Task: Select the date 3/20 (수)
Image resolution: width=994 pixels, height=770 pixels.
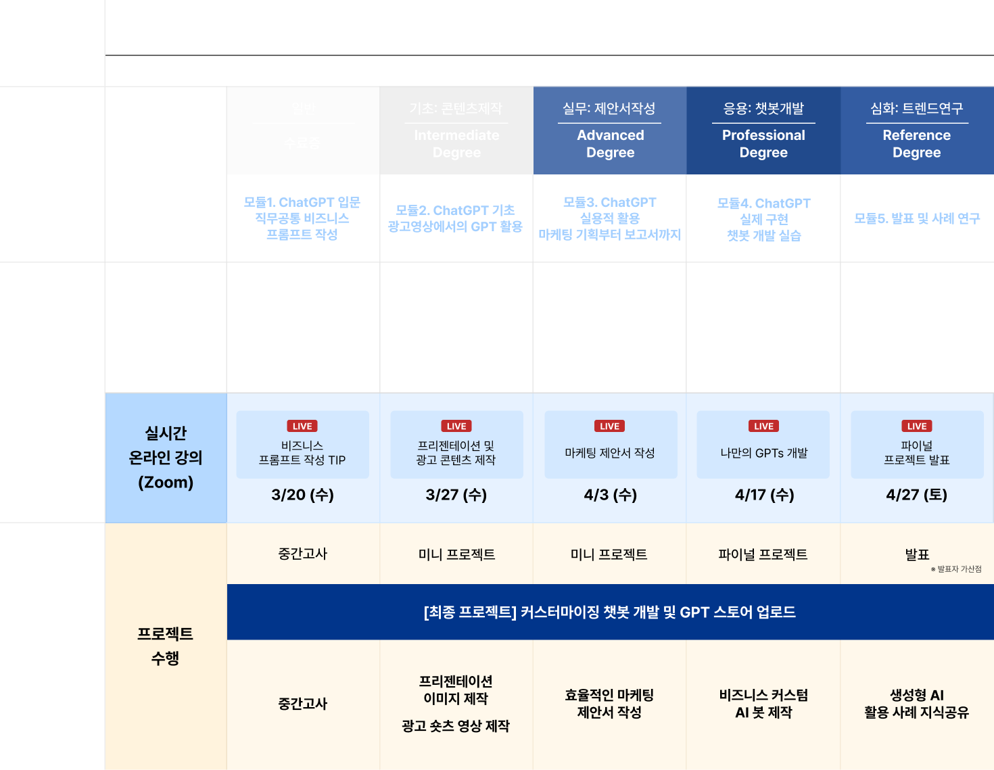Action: [x=302, y=495]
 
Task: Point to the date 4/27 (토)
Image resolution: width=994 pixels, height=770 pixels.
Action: [x=916, y=495]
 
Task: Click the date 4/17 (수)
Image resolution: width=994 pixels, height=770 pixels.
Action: [x=764, y=495]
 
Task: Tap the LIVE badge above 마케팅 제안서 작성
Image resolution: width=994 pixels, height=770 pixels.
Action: [x=609, y=426]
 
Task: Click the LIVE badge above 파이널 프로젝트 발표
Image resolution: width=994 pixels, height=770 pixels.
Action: [x=916, y=426]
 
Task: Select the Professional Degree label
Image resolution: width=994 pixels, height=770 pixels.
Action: [x=763, y=143]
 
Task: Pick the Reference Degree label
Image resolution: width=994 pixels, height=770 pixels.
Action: [x=916, y=143]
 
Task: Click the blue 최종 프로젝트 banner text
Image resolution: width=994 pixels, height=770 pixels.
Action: [x=609, y=612]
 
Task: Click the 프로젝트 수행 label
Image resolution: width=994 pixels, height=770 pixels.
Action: [x=165, y=646]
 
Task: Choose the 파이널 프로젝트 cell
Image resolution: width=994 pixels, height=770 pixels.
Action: [x=763, y=554]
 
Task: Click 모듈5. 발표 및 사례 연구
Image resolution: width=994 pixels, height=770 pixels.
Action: [x=917, y=218]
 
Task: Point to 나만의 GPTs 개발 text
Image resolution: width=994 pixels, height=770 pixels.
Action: [x=764, y=453]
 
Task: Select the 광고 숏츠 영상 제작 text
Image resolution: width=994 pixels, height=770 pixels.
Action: [x=456, y=726]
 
